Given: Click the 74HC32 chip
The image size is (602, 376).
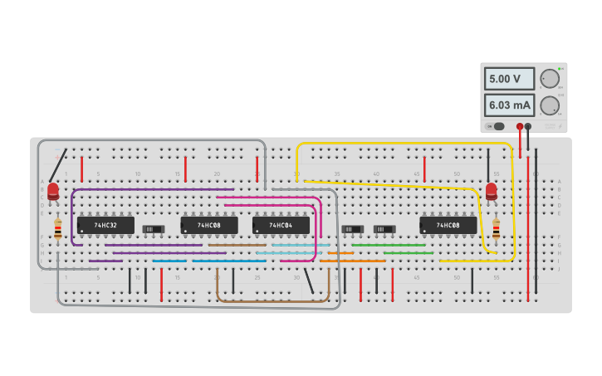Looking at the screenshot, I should pos(105,225).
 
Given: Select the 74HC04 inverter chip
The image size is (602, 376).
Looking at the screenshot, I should pos(281,225).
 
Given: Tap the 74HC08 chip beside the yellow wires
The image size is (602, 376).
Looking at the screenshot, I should pos(448,225).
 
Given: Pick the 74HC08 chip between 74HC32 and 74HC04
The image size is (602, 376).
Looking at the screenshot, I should pos(209,225).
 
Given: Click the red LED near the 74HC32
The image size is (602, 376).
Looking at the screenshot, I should pos(53,192).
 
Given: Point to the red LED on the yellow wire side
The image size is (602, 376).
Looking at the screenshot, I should pos(492,192).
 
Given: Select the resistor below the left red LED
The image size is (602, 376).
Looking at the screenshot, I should pos(57,228).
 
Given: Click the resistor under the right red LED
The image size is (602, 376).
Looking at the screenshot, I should pos(496,228).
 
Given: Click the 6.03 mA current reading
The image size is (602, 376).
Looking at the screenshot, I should pos(509,105).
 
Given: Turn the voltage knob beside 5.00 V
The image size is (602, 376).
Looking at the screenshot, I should pos(550,79).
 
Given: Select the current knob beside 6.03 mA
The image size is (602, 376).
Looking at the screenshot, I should pos(550,105).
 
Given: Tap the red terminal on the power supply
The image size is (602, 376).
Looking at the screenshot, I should pos(520,126).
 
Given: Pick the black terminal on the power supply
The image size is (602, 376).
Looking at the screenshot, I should pos(528,126).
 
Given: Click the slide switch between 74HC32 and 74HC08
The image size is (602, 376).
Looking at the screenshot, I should pos(153,228).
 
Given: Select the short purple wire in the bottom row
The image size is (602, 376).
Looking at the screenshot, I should pos(105,261).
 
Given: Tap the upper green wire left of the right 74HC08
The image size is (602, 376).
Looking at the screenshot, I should pos(388,245).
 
